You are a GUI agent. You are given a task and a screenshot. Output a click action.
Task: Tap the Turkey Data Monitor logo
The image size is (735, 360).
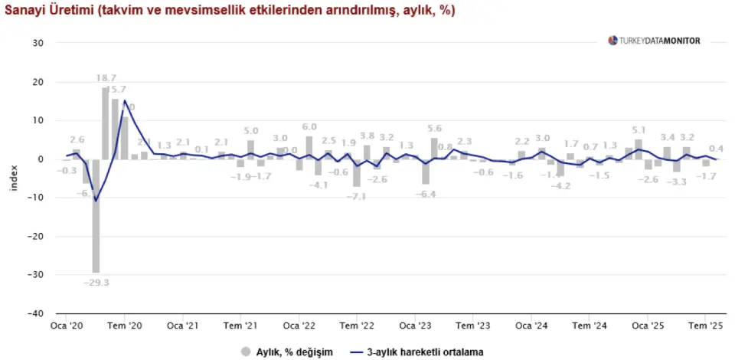click(654, 41)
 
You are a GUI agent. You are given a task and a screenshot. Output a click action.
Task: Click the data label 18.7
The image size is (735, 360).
click(106, 78)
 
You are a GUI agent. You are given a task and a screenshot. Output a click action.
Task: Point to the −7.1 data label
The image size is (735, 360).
click(358, 196)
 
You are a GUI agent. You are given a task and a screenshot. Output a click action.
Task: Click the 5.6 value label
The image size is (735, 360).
click(435, 128)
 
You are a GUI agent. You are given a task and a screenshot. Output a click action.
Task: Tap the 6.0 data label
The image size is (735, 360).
click(309, 126)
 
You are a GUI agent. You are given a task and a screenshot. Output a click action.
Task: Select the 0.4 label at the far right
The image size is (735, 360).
click(717, 149)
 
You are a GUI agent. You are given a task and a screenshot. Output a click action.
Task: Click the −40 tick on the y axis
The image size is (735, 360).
click(35, 313)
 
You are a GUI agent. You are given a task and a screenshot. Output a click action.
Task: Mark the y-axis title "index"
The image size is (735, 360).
click(13, 178)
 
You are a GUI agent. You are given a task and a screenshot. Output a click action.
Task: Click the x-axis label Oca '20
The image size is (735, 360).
click(66, 326)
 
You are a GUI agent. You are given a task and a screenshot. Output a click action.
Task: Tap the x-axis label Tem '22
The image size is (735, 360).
click(356, 326)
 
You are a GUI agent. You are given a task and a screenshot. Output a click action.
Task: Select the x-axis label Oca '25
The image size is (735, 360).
click(647, 326)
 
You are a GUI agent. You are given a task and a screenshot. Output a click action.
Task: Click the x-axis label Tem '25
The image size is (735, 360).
click(705, 326)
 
